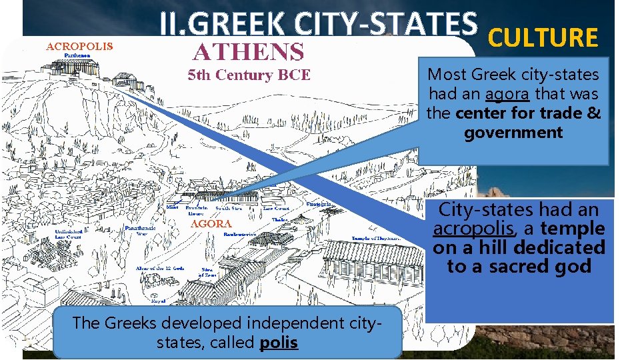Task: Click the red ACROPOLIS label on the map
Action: [79, 47]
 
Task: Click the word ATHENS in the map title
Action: [249, 51]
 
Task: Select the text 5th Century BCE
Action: [249, 75]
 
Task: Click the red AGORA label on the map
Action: [211, 225]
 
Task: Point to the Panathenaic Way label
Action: [141, 231]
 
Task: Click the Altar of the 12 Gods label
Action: [159, 268]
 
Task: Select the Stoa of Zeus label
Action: [208, 274]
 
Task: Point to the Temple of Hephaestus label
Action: [376, 238]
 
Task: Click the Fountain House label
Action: [196, 211]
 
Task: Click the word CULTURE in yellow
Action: [543, 38]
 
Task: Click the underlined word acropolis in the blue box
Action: [473, 229]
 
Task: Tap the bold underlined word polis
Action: [279, 343]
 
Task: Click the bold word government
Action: [513, 132]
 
